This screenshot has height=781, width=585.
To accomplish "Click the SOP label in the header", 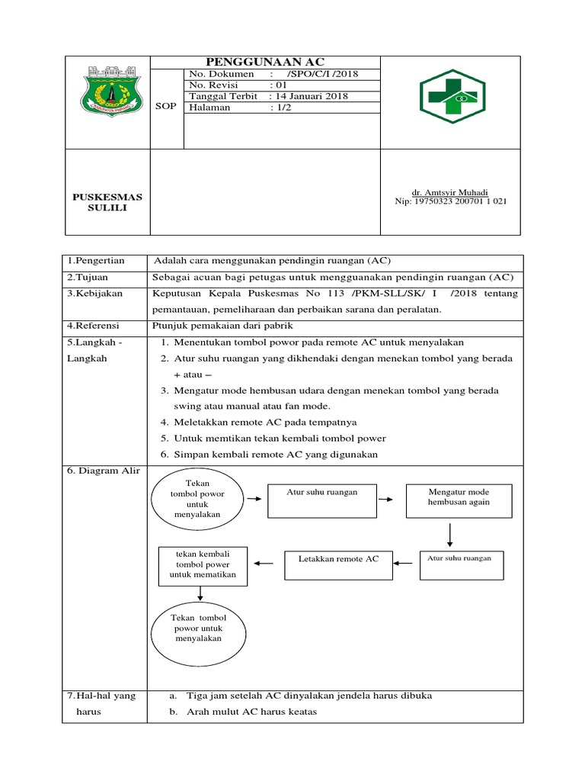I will [165, 106].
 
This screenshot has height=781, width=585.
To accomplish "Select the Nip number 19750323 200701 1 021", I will [449, 201].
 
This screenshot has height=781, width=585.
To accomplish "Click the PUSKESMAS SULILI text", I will [107, 202].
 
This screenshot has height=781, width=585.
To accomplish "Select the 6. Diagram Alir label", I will [103, 471].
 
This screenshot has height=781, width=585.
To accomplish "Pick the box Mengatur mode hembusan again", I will [459, 500].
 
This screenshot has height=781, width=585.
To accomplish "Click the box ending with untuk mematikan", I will [203, 566].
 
